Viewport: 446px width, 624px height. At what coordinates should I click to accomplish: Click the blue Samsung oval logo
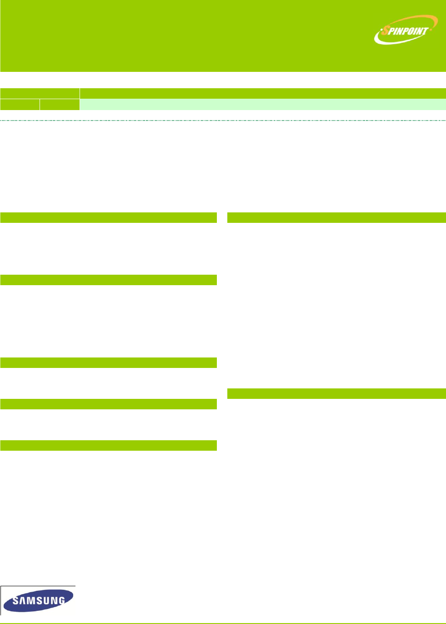[39, 600]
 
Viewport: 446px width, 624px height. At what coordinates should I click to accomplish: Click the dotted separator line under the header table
[223, 121]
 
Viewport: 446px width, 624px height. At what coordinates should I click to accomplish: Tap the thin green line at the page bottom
[223, 623]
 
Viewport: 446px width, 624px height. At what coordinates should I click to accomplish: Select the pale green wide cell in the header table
[263, 105]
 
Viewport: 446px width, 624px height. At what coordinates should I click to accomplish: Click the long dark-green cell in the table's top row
[263, 93]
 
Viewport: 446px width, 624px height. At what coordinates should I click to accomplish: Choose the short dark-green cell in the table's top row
[40, 93]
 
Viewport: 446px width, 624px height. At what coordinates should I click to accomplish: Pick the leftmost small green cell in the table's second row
[20, 105]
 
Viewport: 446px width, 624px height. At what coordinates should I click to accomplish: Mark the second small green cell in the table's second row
[60, 105]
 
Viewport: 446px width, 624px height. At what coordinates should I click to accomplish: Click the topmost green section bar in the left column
[108, 217]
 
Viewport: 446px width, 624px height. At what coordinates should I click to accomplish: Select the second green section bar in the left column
[108, 280]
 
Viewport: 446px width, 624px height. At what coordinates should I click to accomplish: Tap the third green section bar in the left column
[108, 362]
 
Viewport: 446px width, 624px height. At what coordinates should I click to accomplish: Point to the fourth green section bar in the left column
[108, 404]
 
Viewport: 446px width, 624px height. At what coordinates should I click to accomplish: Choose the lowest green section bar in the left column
[108, 445]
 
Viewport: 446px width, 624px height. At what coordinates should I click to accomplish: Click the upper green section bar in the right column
[336, 217]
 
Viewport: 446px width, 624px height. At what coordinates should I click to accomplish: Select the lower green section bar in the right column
[336, 393]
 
